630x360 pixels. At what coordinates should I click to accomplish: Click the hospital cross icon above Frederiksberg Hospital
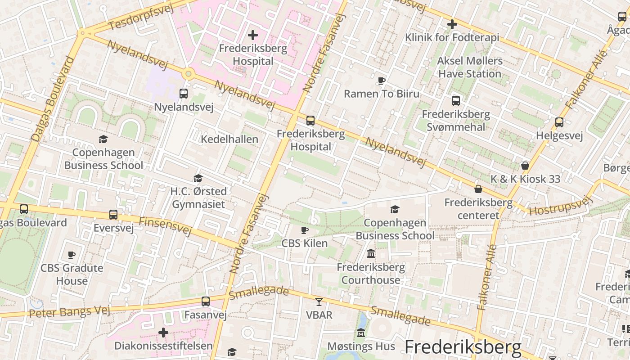(x=253, y=35)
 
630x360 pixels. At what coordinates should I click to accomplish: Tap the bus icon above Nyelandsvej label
(x=184, y=94)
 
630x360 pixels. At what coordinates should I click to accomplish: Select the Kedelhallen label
(x=229, y=139)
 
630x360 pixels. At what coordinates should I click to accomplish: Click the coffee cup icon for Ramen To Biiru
(x=382, y=81)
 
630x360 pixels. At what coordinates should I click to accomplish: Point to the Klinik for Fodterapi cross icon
(x=452, y=24)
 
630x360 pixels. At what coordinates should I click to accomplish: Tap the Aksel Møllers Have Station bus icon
(x=456, y=100)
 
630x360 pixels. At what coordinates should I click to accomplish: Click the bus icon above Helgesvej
(x=559, y=122)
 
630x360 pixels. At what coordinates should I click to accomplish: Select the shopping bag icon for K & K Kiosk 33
(x=525, y=166)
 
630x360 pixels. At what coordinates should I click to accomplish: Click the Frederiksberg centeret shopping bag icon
(x=478, y=189)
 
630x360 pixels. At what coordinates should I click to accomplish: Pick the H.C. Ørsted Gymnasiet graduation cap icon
(x=198, y=179)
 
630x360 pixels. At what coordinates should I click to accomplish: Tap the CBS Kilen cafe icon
(x=305, y=230)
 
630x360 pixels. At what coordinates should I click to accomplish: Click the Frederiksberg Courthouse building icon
(x=371, y=254)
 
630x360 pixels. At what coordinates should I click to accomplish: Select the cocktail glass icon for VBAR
(x=319, y=301)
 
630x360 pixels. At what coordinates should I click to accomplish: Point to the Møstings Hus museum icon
(x=361, y=333)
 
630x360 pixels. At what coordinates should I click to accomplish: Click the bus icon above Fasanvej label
(x=206, y=301)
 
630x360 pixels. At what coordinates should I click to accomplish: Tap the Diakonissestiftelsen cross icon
(x=163, y=333)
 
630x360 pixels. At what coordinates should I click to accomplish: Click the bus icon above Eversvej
(x=113, y=215)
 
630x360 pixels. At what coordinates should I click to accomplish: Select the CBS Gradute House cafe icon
(x=72, y=255)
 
